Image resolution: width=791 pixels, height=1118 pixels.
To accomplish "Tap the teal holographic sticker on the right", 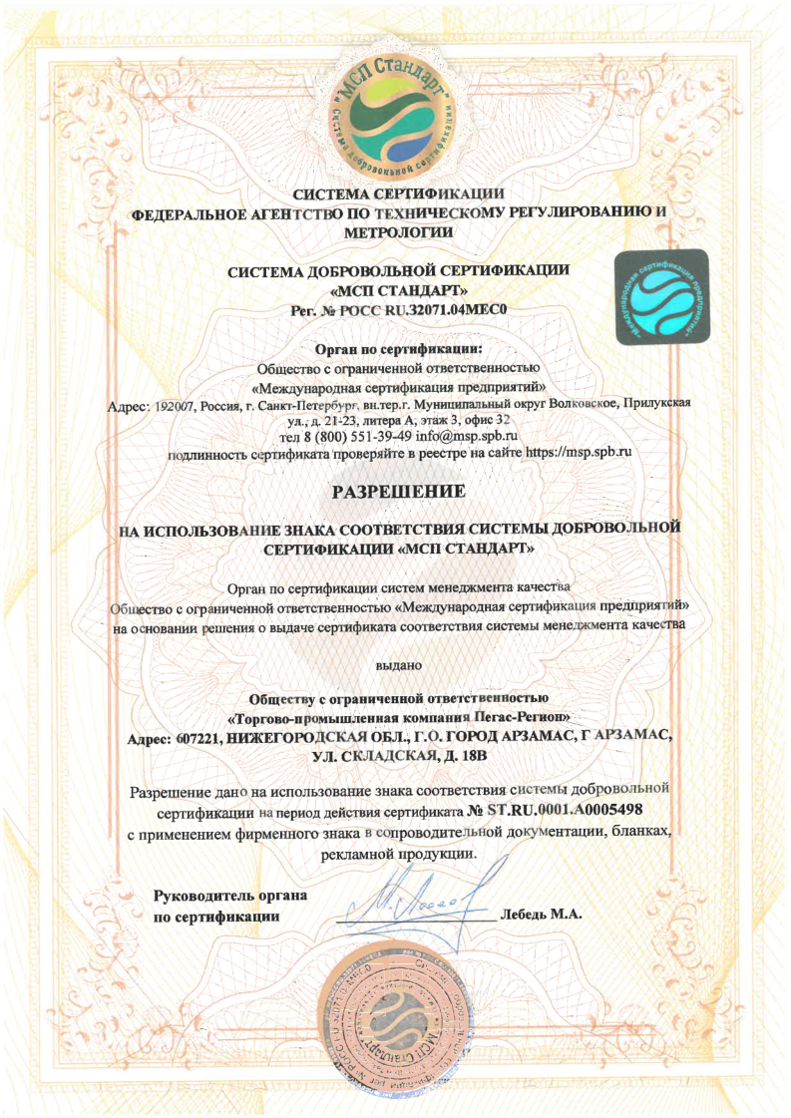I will tap(658, 298).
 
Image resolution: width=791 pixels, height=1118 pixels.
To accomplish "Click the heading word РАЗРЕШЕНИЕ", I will tap(398, 492).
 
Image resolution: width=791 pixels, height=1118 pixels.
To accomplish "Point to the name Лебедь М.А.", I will tap(542, 914).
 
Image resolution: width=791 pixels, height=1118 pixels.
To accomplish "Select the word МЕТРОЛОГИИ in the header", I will tap(398, 231).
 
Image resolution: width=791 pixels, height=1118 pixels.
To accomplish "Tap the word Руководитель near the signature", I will tap(214, 895).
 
